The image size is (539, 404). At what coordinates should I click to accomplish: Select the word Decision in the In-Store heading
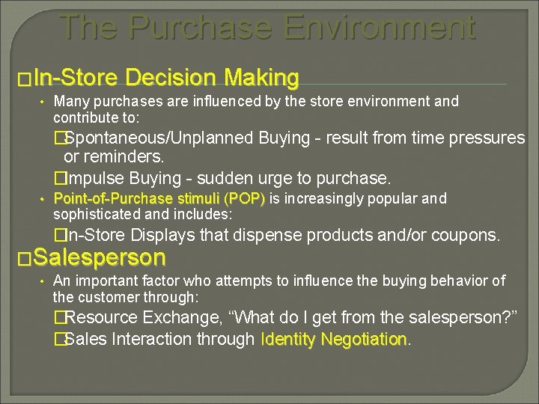[x=171, y=77]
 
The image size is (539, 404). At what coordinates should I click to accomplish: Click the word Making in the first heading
[x=259, y=77]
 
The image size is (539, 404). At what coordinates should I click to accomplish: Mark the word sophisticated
[x=93, y=213]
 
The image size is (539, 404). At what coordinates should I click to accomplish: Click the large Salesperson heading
[x=99, y=258]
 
